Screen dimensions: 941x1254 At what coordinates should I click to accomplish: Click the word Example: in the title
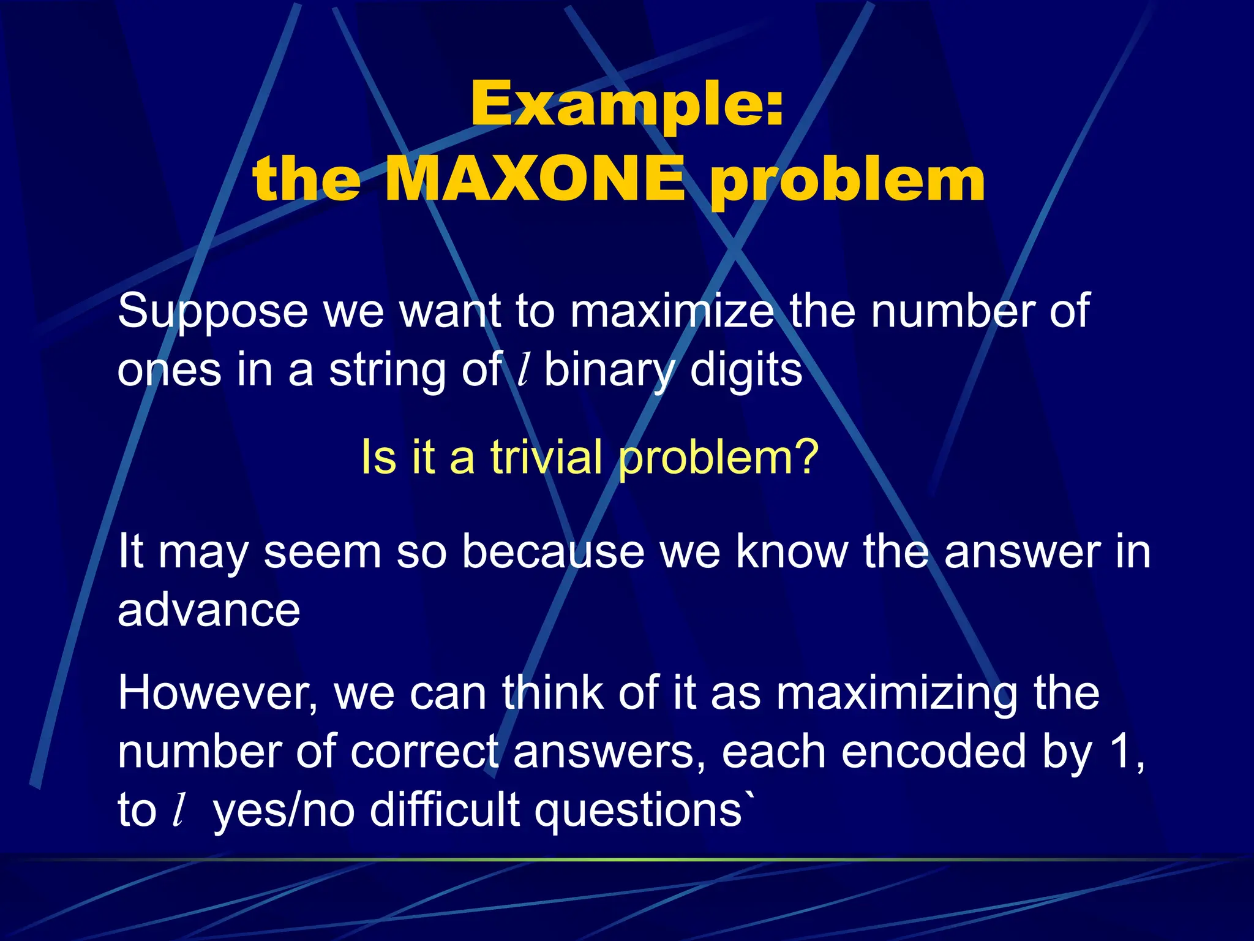coord(627,105)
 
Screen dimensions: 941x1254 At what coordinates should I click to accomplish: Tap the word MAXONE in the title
coord(535,180)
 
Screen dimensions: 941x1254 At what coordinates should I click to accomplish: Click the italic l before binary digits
coord(522,370)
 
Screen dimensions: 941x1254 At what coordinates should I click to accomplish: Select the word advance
coord(209,610)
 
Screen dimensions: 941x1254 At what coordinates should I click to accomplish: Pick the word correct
coord(425,752)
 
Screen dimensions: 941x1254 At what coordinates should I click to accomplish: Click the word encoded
coord(933,752)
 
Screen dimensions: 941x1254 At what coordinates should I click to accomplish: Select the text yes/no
coord(284,811)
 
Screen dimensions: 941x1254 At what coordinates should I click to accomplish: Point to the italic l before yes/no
coord(178,811)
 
